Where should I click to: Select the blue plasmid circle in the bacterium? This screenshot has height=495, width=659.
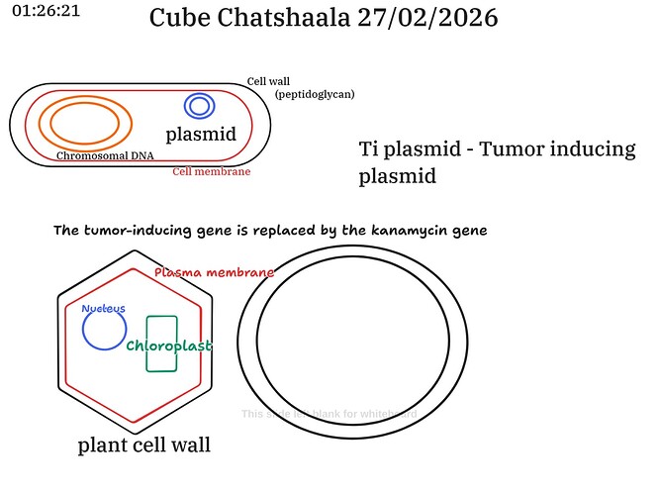tap(198, 106)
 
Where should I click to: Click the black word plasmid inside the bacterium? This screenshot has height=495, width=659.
tap(201, 134)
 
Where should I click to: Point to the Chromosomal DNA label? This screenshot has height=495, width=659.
tap(104, 155)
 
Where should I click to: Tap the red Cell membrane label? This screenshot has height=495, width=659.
tap(211, 171)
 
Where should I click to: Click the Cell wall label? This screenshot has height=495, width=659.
tap(268, 81)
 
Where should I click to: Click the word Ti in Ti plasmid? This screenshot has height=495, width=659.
tap(368, 150)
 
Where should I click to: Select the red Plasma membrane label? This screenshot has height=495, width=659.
tap(214, 271)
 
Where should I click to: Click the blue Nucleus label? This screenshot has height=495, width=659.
tap(104, 308)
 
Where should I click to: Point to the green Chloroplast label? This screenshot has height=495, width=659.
tap(168, 346)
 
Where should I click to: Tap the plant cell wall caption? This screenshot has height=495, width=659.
tap(144, 445)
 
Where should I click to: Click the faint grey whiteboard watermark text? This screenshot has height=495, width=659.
tap(329, 413)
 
